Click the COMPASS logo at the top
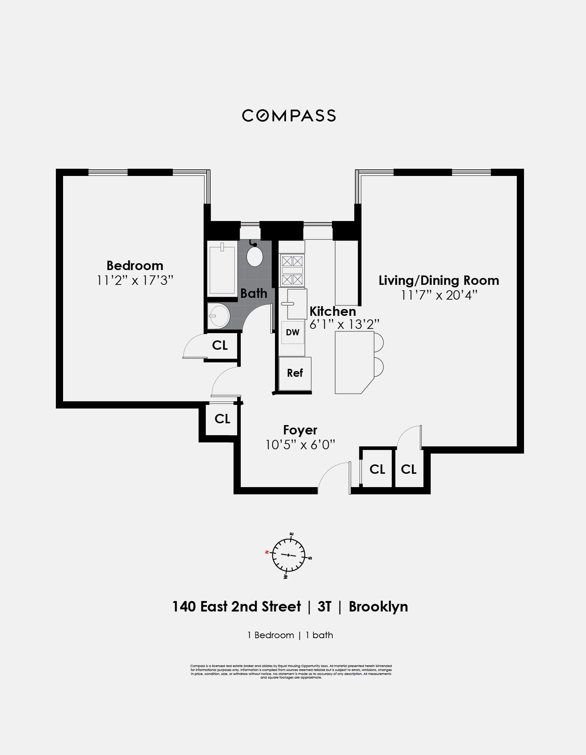click(289, 116)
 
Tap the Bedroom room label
click(135, 266)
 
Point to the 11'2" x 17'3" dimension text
click(135, 281)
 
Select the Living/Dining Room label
click(439, 281)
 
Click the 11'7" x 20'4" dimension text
click(439, 295)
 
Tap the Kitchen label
click(333, 311)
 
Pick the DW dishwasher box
click(293, 332)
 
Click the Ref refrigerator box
click(295, 373)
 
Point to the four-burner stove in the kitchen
click(292, 270)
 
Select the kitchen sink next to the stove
click(297, 304)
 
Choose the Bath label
click(254, 293)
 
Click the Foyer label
click(300, 430)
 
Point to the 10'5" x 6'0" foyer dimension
click(300, 445)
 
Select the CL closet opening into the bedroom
click(220, 345)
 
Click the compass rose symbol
click(288, 555)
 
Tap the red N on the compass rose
click(267, 552)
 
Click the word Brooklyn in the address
click(378, 607)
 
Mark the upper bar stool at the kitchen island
click(378, 342)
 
